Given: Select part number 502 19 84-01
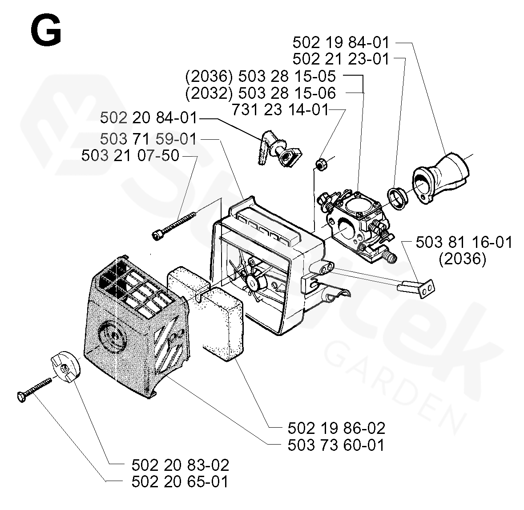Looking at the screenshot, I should (x=341, y=43).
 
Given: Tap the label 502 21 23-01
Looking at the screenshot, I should (x=341, y=59).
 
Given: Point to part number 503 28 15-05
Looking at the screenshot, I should (x=287, y=76).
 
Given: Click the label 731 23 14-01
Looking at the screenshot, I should (x=280, y=109).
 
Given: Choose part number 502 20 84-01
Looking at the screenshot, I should (x=148, y=118).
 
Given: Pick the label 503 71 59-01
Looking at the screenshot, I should (x=148, y=139).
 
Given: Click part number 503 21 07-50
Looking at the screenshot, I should (x=130, y=156).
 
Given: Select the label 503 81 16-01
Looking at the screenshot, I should (x=464, y=243).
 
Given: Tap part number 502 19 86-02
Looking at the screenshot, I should (x=336, y=428).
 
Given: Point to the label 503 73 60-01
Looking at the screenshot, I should (x=336, y=445).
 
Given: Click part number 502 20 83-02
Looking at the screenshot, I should (x=180, y=465).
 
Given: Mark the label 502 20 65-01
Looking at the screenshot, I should (x=180, y=482).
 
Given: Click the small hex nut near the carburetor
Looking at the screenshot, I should (x=319, y=164).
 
